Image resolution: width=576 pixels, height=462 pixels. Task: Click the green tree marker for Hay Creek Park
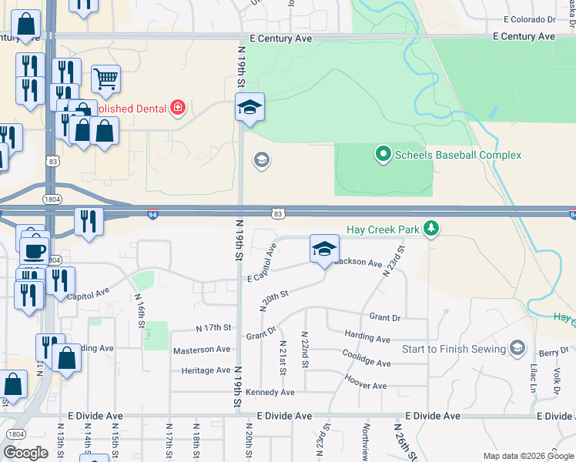point(432,228)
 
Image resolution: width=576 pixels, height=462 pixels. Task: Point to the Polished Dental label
point(130,109)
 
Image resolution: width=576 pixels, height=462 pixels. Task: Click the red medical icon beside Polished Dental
point(178,108)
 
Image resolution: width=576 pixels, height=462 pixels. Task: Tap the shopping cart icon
point(105,77)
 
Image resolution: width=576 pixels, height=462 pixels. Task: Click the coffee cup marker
point(34,250)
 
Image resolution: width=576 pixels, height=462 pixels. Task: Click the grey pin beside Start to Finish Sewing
point(516,349)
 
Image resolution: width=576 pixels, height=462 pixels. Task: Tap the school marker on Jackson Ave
point(324,249)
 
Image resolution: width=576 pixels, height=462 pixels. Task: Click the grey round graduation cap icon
point(261,160)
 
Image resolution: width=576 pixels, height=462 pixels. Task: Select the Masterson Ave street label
point(202,349)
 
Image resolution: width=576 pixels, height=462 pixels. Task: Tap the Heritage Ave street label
point(206,370)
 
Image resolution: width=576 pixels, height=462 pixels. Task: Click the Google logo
point(26,453)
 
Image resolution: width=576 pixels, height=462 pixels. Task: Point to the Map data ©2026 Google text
point(527,456)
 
